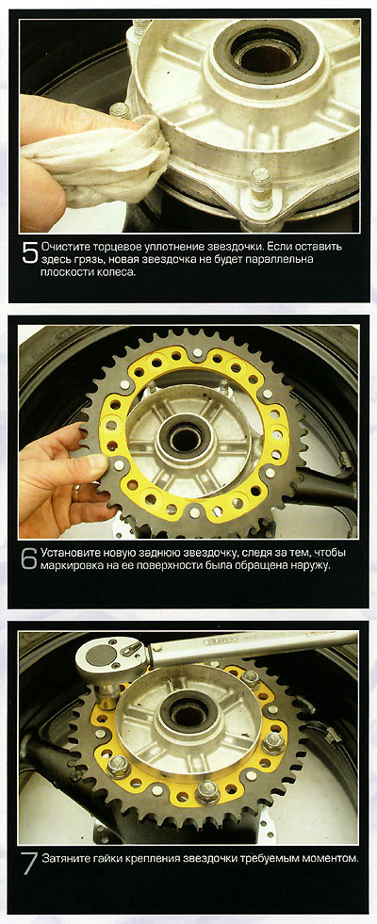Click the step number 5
click(30, 252)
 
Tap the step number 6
click(30, 559)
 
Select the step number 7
click(30, 864)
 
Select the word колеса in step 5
click(112, 273)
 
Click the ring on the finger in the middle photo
click(76, 492)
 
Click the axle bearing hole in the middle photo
click(185, 439)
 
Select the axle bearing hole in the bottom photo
click(188, 715)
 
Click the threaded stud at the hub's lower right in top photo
click(260, 188)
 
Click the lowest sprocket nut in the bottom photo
click(207, 791)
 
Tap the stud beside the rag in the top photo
click(120, 109)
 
